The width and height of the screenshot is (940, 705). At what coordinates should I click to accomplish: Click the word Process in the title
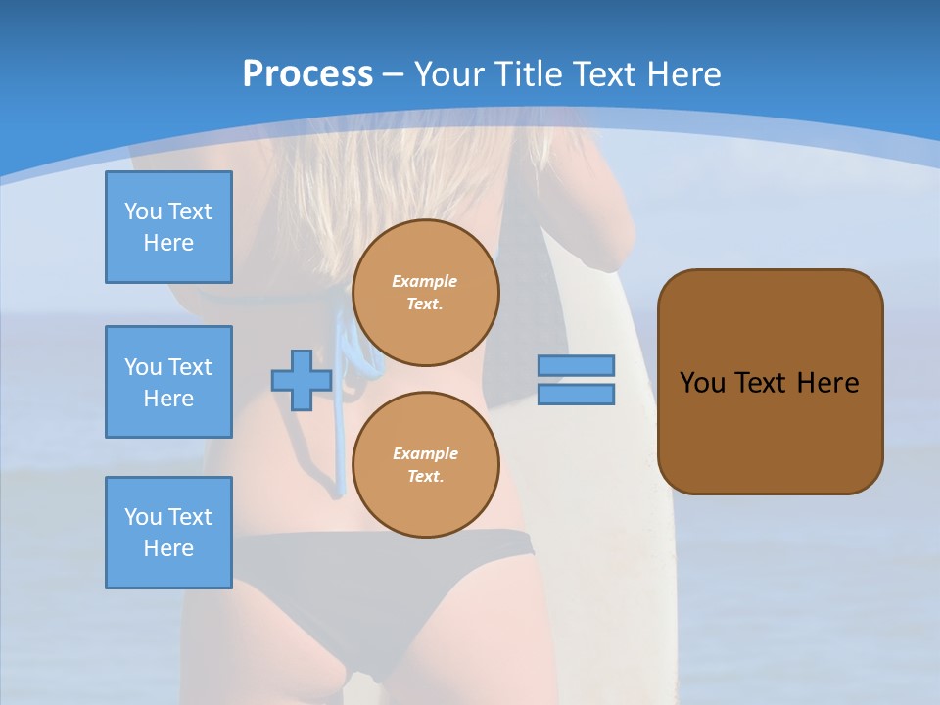tap(307, 74)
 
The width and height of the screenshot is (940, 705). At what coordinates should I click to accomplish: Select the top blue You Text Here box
tap(168, 227)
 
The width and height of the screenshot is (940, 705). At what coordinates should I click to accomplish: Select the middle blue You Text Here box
tap(168, 382)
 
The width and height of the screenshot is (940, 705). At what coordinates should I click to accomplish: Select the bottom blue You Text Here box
tap(168, 533)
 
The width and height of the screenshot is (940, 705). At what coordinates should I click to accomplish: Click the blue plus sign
tap(302, 380)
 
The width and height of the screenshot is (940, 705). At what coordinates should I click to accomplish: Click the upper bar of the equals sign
tap(576, 365)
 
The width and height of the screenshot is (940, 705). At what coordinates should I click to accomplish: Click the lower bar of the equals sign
tap(576, 395)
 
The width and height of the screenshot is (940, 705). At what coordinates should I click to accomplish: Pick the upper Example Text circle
tap(425, 293)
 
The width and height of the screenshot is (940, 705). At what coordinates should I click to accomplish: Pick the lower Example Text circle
tap(425, 465)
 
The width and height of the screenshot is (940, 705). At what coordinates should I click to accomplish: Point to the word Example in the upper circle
tap(424, 281)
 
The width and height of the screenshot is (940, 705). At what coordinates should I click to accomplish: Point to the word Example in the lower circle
tap(425, 453)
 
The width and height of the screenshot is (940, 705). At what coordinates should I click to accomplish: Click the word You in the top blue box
tap(143, 211)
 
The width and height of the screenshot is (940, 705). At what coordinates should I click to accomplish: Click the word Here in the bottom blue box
tap(168, 548)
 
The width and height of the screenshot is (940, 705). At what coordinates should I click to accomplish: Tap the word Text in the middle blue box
tap(189, 367)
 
